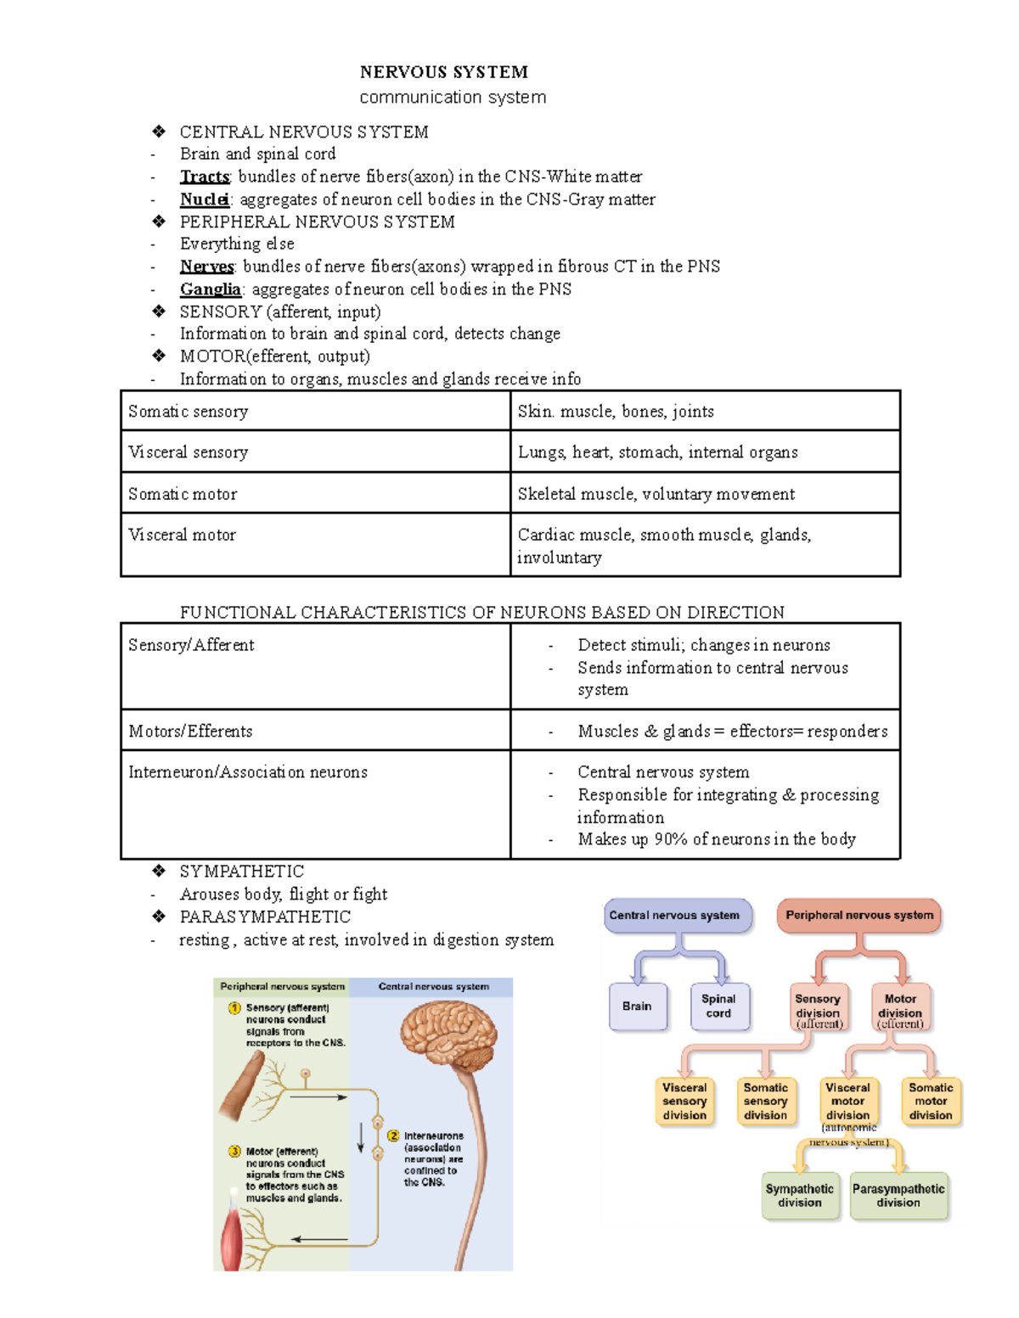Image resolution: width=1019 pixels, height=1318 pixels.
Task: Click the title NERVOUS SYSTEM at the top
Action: click(x=443, y=72)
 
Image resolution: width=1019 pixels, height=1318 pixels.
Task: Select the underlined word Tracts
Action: click(x=205, y=177)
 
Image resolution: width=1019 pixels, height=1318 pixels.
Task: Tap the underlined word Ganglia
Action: click(x=210, y=289)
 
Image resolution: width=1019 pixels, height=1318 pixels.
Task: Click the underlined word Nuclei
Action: click(x=204, y=199)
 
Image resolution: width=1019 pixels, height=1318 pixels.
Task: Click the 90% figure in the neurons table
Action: click(x=670, y=839)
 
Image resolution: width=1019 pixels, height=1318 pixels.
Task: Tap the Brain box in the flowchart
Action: click(x=637, y=1007)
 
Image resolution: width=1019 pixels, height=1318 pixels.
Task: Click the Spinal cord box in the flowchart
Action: click(x=718, y=1007)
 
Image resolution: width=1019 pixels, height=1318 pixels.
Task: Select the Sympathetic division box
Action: click(x=800, y=1196)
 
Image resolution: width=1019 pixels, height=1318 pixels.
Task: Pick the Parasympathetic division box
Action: click(x=898, y=1196)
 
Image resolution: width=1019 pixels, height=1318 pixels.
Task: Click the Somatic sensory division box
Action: click(x=766, y=1102)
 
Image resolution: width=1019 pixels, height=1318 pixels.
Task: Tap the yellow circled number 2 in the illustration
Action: click(x=393, y=1136)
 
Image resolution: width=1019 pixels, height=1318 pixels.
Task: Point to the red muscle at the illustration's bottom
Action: click(x=232, y=1240)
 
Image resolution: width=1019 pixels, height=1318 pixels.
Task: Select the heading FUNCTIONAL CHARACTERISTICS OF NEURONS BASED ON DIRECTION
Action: click(x=482, y=613)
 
